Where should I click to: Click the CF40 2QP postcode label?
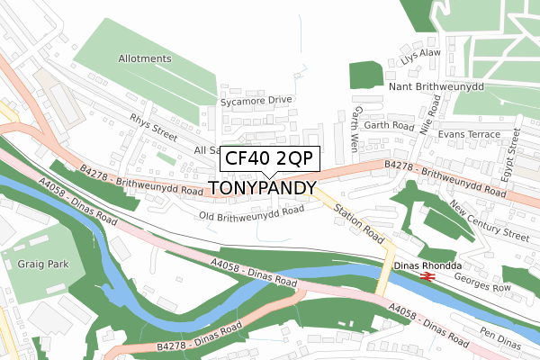pos(268,159)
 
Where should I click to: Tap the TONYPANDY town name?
pos(263,188)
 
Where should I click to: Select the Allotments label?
pos(144,58)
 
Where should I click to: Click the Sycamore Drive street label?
pos(257,100)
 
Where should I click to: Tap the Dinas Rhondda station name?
pos(427,265)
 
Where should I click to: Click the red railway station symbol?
pos(428,278)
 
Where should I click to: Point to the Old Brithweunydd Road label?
pos(252,215)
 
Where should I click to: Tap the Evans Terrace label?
pos(469,133)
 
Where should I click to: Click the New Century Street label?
pos(490,221)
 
